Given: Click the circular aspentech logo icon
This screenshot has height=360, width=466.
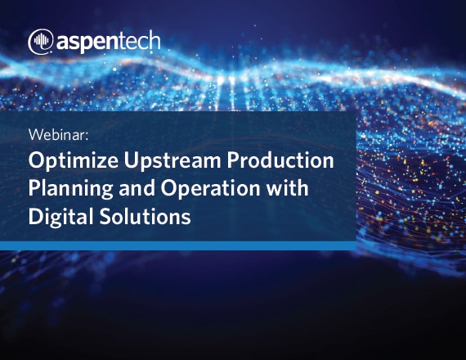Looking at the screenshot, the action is pos(41,42).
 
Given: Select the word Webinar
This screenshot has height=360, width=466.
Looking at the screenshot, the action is pos(57,135).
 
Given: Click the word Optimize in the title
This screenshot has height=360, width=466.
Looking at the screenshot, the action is pos(74,161).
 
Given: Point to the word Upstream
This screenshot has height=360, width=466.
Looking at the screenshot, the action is pos(173,161).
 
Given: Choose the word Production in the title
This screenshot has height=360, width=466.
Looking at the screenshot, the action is pos(280,160).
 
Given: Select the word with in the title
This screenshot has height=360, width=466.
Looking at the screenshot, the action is pos(287,188).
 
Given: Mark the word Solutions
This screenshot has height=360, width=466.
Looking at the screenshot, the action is pos(145,216).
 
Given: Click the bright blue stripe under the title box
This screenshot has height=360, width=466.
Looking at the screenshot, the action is pos(178,245).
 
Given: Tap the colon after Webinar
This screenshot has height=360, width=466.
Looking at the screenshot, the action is pos(87,137).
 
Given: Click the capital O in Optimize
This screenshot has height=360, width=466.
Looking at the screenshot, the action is pos(36,160).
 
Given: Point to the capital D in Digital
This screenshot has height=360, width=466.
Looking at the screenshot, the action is pos(35,216).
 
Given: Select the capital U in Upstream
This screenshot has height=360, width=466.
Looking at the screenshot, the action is pos(131,160).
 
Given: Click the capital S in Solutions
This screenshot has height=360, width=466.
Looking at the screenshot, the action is pos(105,216).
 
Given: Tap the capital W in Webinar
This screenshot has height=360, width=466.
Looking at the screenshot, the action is pos(36,135).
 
